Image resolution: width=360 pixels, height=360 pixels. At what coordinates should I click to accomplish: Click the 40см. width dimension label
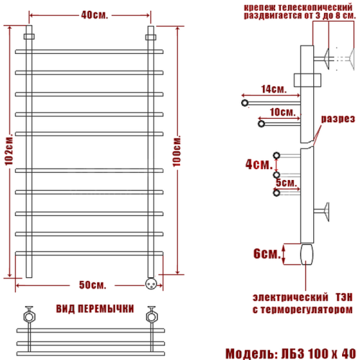coord(90,14)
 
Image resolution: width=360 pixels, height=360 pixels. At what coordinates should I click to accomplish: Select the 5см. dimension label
coord(285,182)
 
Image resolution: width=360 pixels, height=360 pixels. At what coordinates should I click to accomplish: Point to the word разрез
coord(338,119)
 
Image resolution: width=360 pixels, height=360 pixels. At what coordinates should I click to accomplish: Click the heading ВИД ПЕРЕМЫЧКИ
coord(94,309)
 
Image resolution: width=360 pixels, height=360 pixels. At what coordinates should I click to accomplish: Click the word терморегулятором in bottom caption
coord(317,310)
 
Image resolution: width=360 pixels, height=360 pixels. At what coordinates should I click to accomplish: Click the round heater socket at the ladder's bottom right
coord(151,283)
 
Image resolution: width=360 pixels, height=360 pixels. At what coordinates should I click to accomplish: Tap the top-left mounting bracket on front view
coord(29,35)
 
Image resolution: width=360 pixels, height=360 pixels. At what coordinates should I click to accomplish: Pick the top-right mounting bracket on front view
coord(151,35)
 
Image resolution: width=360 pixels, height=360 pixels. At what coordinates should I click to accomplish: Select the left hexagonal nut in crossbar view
coord(29,315)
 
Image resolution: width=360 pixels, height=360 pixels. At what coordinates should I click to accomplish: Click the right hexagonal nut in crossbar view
coord(152,315)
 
